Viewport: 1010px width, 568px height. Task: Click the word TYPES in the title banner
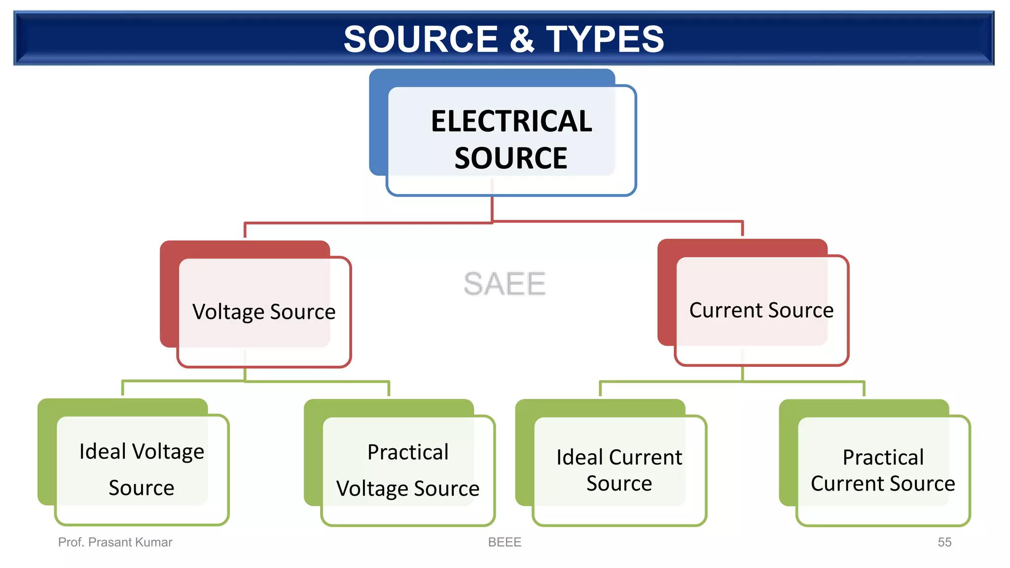click(x=605, y=39)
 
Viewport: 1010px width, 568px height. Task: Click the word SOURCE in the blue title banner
click(x=421, y=39)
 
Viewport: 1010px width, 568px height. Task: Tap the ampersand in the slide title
click(x=522, y=39)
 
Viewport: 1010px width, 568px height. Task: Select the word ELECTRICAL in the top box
click(x=511, y=121)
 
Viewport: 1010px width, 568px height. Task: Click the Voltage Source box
click(x=264, y=312)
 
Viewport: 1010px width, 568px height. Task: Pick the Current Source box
click(x=761, y=310)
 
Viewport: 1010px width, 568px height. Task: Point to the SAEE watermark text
click(x=505, y=284)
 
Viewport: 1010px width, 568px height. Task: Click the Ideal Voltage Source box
click(x=142, y=469)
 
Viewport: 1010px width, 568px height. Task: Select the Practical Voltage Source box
click(x=408, y=470)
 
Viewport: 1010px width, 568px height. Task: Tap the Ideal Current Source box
click(x=619, y=470)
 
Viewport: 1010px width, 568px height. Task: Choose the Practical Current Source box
click(x=883, y=470)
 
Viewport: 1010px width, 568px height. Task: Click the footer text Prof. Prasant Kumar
click(x=115, y=542)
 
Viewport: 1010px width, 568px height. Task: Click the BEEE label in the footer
click(x=505, y=542)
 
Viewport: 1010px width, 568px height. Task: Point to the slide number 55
click(x=944, y=542)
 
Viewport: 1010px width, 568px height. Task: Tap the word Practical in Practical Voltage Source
click(x=408, y=452)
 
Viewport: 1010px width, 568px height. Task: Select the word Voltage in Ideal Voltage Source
click(x=168, y=452)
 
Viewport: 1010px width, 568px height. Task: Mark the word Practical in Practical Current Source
click(x=883, y=458)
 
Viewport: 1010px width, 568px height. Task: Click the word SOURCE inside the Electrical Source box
click(x=511, y=158)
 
